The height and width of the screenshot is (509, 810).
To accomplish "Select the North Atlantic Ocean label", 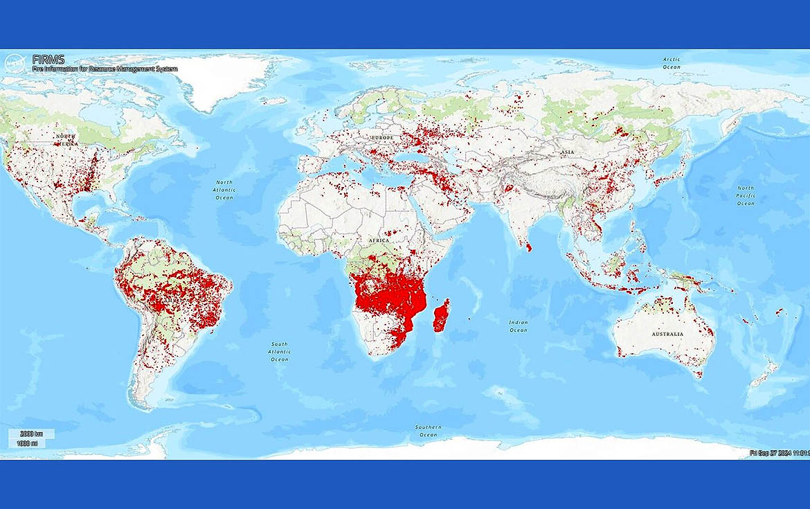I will tap(224, 190).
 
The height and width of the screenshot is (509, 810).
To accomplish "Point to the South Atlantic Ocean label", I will tap(280, 352).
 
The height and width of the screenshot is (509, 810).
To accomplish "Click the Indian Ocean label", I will tap(519, 326).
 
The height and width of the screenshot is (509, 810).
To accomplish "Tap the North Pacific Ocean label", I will tap(746, 196).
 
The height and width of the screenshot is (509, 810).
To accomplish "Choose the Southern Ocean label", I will tap(429, 431).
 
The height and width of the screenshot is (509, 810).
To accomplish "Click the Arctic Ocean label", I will tap(672, 63).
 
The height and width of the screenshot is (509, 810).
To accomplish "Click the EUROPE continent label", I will tap(381, 138).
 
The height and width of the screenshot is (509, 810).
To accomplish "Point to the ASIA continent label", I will tap(568, 152).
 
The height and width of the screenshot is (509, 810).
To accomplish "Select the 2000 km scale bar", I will tap(32, 434).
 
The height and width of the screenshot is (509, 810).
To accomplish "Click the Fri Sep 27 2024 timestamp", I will tap(779, 453).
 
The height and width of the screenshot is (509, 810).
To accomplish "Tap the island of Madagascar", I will tap(441, 316).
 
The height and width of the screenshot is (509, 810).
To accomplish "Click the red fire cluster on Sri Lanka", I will tap(529, 246).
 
